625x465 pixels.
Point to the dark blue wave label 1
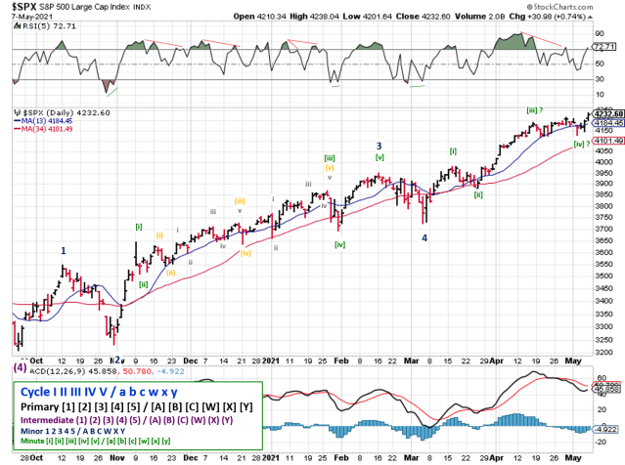[x=64, y=250]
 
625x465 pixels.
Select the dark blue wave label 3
[x=378, y=146]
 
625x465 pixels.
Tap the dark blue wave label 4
[x=424, y=237]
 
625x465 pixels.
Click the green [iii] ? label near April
[x=536, y=110]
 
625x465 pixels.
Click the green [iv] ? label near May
[x=581, y=144]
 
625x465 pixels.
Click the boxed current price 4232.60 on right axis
[x=607, y=114]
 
